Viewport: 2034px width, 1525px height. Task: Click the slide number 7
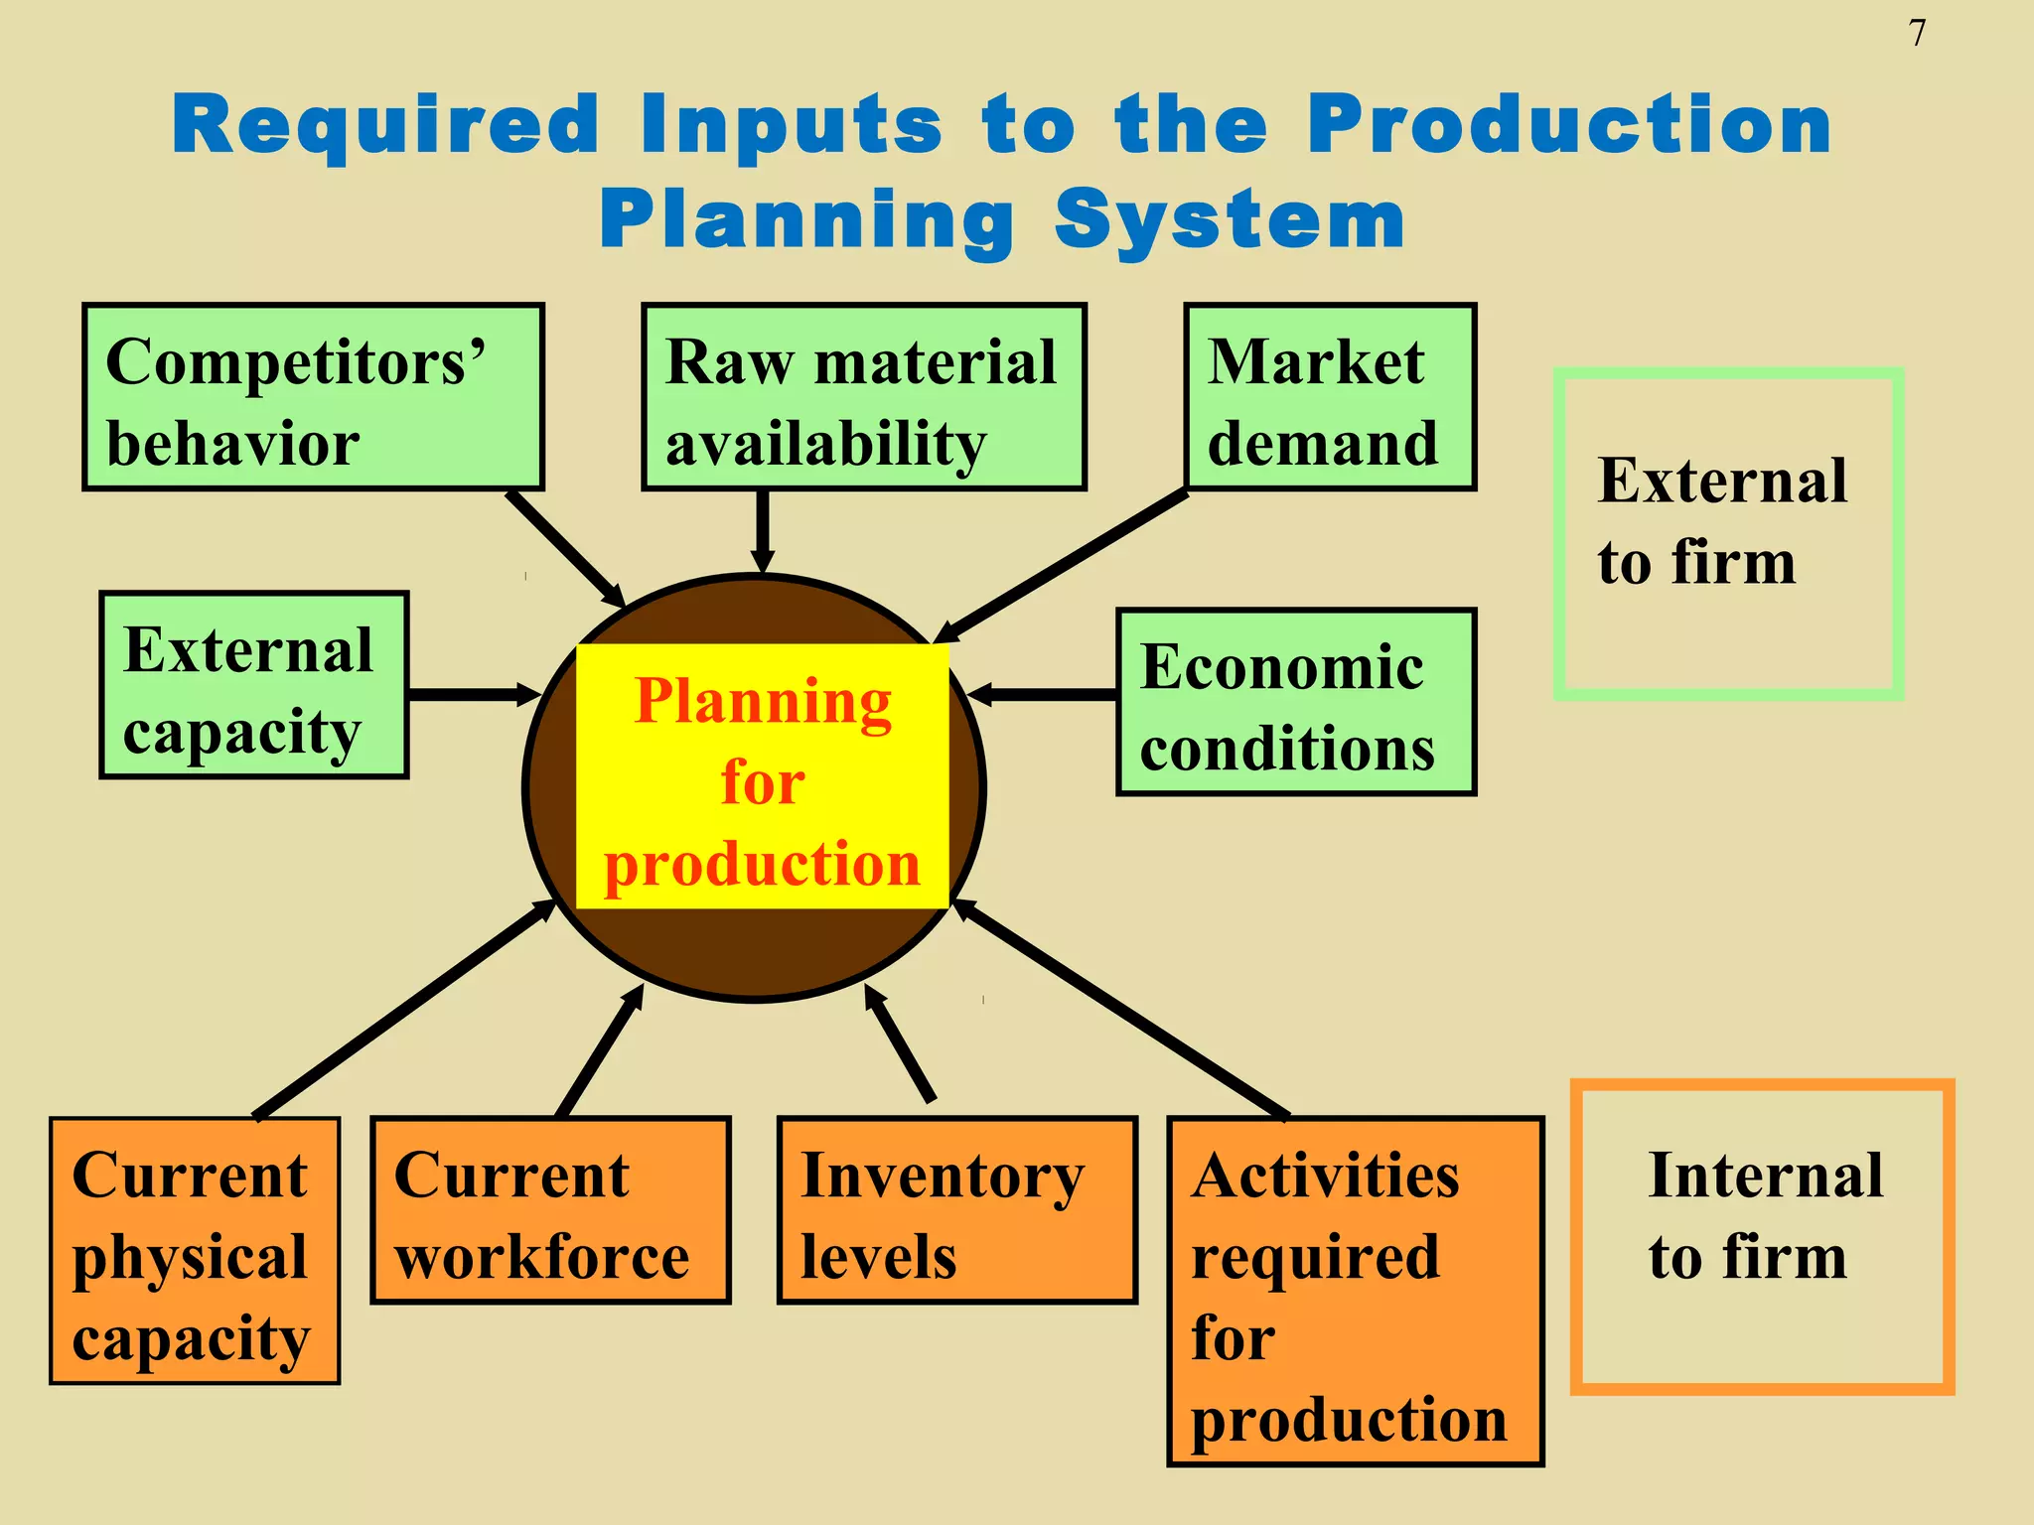click(1917, 34)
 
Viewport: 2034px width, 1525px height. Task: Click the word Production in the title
click(1569, 126)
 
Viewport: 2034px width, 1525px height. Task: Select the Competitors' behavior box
click(313, 397)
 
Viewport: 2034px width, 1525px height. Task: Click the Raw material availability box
click(863, 397)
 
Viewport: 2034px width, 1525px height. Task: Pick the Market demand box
click(1330, 397)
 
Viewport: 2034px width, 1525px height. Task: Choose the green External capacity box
click(254, 685)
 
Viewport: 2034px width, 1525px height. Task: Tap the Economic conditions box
click(1296, 702)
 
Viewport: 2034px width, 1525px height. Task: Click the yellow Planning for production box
click(762, 776)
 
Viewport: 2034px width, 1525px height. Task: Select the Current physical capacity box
click(195, 1251)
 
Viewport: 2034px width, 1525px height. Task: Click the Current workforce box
click(550, 1210)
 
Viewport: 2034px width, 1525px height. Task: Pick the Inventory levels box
click(956, 1210)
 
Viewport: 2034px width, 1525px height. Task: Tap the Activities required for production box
click(1355, 1291)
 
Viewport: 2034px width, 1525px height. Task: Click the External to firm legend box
click(1727, 534)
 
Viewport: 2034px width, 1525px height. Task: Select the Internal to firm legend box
click(1762, 1236)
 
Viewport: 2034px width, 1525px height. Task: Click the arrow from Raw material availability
click(762, 531)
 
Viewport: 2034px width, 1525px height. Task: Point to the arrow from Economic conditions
click(1043, 694)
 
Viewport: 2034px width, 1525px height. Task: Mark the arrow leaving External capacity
click(472, 694)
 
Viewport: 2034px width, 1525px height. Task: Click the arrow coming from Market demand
click(1063, 566)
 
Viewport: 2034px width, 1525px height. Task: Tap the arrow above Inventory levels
click(901, 1042)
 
